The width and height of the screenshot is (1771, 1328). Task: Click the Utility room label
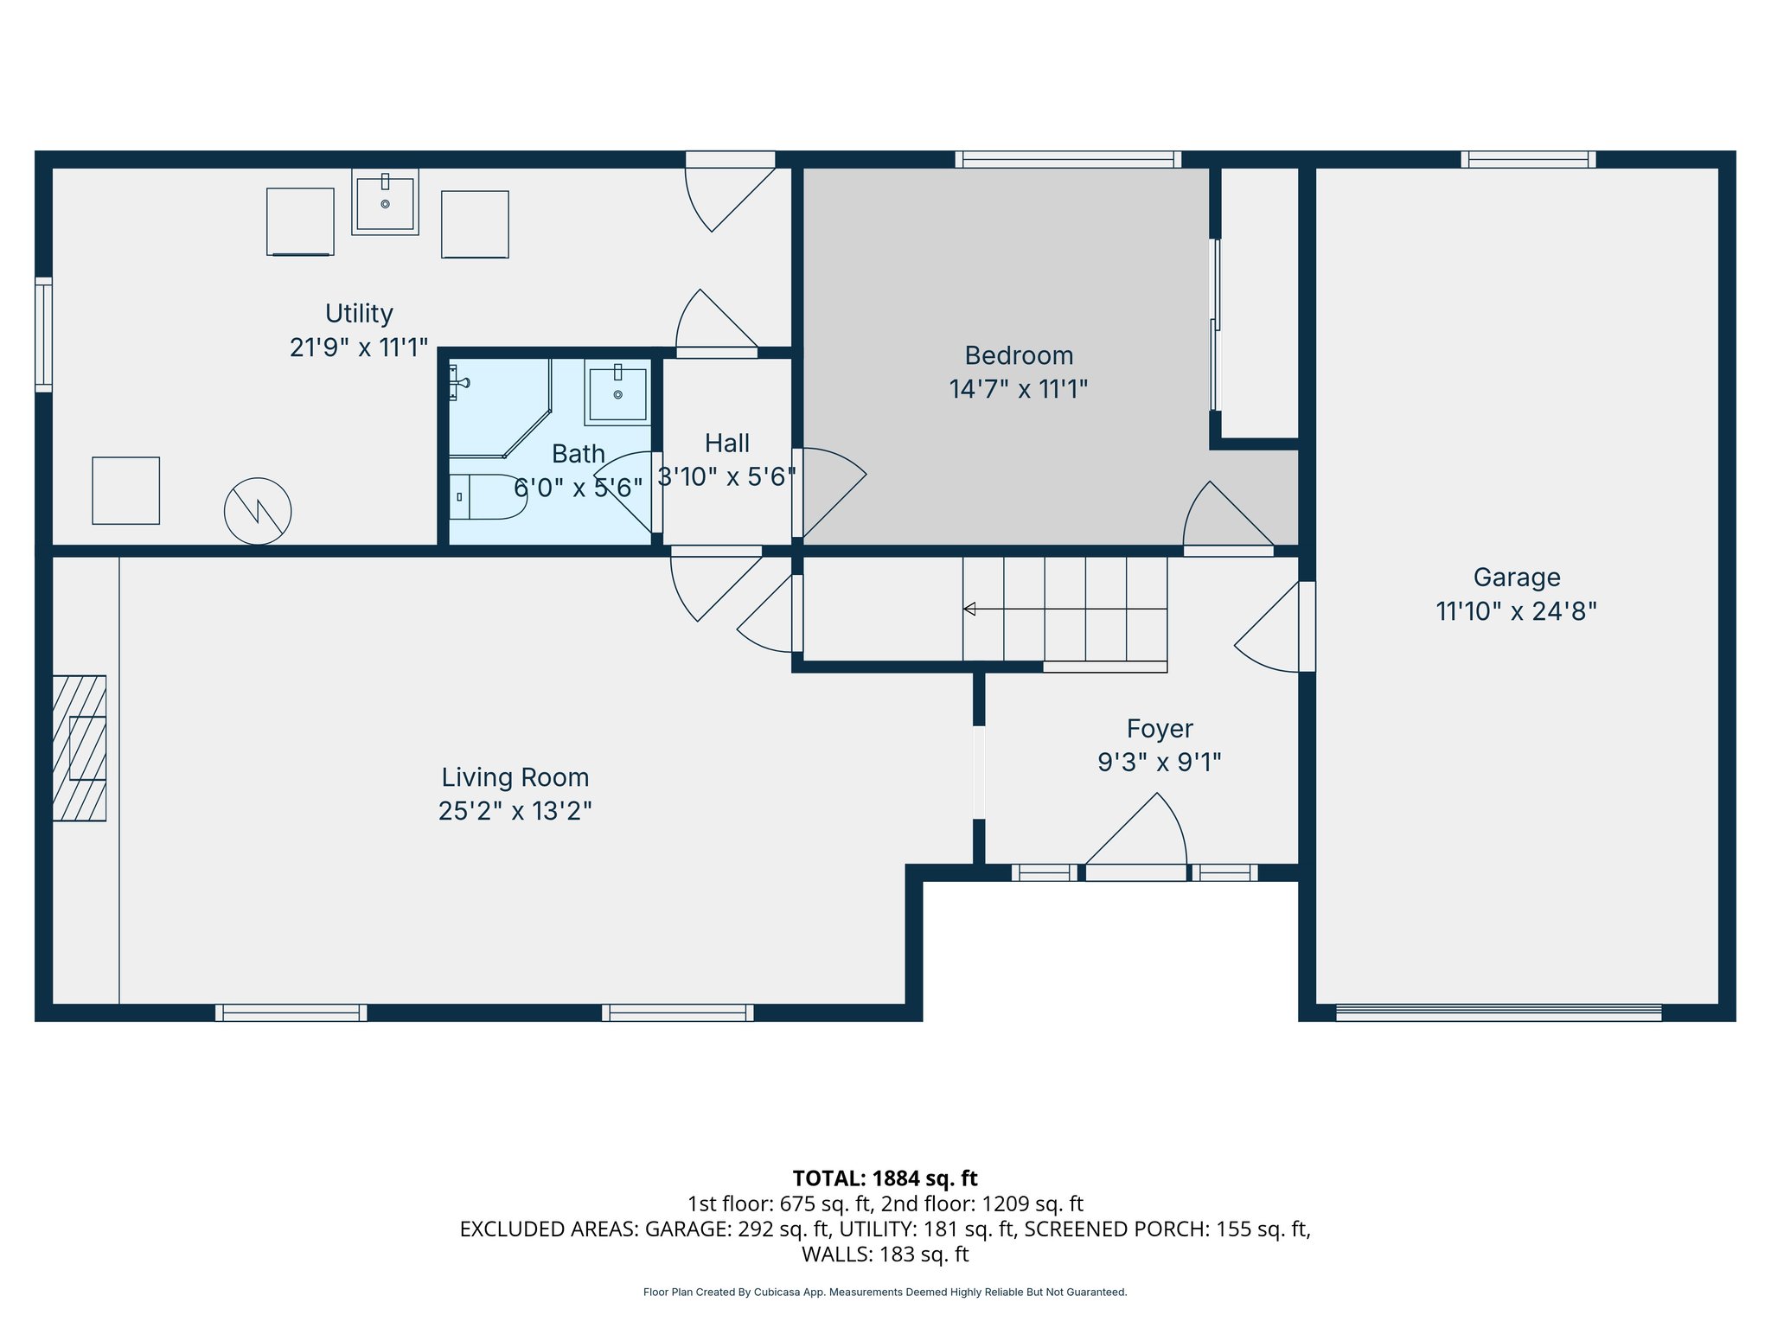[x=359, y=313]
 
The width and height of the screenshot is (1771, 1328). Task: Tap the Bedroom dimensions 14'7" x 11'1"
[x=1018, y=389]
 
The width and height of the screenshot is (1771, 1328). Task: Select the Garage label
[x=1516, y=578]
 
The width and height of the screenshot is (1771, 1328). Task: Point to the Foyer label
[x=1159, y=729]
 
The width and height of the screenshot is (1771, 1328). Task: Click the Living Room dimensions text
[x=515, y=811]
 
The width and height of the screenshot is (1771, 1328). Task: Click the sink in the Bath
[x=617, y=393]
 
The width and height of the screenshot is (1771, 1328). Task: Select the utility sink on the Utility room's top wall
[x=385, y=202]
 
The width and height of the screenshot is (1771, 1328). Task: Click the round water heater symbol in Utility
[x=258, y=511]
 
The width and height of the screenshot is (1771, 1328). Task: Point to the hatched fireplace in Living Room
[x=80, y=748]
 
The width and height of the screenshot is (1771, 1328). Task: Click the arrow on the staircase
[x=969, y=609]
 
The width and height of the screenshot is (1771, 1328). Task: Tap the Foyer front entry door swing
[x=1141, y=834]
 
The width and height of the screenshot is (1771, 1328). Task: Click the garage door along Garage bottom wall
[x=1498, y=1012]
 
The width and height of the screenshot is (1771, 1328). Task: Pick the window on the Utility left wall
[x=43, y=335]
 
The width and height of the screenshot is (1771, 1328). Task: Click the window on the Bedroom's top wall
[x=1068, y=159]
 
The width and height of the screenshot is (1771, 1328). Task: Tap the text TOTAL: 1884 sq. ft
[x=885, y=1178]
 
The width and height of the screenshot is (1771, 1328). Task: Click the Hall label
[x=726, y=444]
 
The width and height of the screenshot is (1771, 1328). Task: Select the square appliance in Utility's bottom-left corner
[x=126, y=490]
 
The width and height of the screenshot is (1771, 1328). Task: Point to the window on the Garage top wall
[x=1528, y=159]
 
